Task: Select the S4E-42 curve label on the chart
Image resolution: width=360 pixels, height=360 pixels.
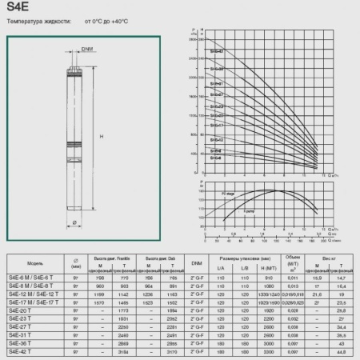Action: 217,51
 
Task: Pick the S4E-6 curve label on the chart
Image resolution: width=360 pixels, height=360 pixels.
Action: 215,158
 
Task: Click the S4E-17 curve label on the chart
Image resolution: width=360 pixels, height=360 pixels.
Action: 217,125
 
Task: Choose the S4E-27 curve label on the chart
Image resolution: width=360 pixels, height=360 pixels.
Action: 217,94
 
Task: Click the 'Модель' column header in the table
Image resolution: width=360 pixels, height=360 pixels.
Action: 34,261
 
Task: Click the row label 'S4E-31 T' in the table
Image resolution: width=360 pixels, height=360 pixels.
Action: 22,335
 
